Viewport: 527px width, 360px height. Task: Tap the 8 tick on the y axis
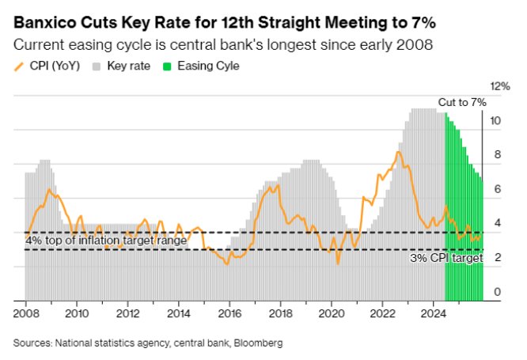[498, 155]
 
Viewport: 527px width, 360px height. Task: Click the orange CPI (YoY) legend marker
[20, 66]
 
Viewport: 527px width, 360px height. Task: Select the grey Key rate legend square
[97, 66]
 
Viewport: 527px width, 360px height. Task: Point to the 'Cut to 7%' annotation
[463, 102]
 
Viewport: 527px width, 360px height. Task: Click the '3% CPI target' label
[446, 258]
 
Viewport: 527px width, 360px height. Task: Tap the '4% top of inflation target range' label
[107, 240]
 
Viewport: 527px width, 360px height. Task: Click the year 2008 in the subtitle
[416, 44]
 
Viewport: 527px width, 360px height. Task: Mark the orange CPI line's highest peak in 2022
[399, 152]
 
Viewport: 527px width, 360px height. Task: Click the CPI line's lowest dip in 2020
[338, 263]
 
